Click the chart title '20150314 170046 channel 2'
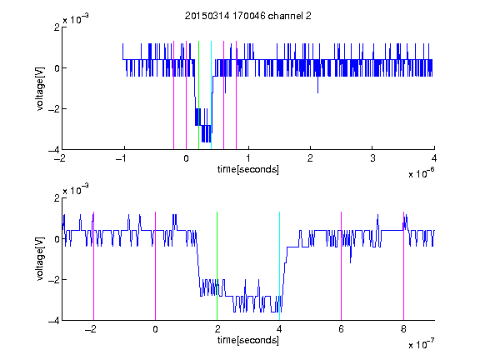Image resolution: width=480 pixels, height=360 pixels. pyautogui.click(x=248, y=16)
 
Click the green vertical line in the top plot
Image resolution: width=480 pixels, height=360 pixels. pyautogui.click(x=198, y=95)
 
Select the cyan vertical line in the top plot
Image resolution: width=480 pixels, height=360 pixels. pyautogui.click(x=211, y=95)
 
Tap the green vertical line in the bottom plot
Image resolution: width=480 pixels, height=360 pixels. pyautogui.click(x=217, y=266)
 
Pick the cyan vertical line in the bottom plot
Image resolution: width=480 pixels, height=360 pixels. pyautogui.click(x=279, y=266)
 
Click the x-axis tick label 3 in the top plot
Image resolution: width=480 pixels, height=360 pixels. pyautogui.click(x=372, y=158)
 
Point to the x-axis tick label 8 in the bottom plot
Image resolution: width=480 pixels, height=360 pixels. pyautogui.click(x=403, y=329)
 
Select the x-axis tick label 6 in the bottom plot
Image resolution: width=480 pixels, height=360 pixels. pyautogui.click(x=341, y=329)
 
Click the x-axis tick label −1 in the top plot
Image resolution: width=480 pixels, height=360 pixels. pyautogui.click(x=121, y=158)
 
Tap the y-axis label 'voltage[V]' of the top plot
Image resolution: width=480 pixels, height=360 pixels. pyautogui.click(x=40, y=88)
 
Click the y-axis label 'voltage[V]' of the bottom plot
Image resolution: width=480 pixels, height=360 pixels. pyautogui.click(x=40, y=259)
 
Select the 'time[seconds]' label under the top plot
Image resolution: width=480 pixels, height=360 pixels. pyautogui.click(x=248, y=169)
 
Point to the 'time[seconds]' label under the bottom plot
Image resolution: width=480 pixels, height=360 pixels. pyautogui.click(x=248, y=340)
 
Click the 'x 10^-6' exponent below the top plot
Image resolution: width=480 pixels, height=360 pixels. pyautogui.click(x=421, y=173)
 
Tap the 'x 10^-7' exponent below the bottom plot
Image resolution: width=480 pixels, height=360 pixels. pyautogui.click(x=421, y=344)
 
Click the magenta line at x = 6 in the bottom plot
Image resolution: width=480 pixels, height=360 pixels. pyautogui.click(x=341, y=266)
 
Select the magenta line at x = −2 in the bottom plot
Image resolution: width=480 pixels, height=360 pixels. pyautogui.click(x=93, y=266)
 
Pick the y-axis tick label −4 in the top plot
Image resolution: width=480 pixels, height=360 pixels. pyautogui.click(x=53, y=150)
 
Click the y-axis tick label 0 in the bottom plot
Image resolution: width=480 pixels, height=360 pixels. pyautogui.click(x=57, y=239)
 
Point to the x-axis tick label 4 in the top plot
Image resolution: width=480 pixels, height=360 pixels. pyautogui.click(x=434, y=158)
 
